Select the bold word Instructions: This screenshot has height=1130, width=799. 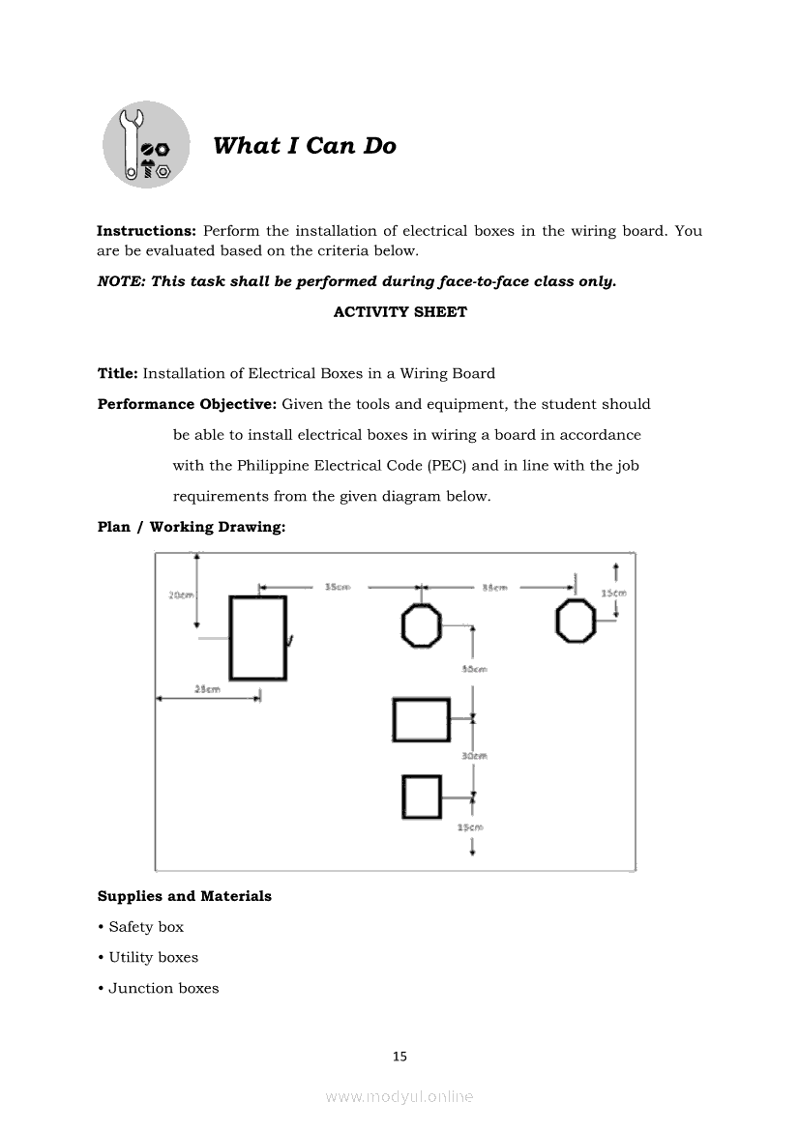146,231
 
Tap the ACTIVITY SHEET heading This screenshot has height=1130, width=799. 399,312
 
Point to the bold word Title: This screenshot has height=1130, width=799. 118,373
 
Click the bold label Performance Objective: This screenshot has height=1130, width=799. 187,404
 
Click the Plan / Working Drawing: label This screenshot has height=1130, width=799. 191,527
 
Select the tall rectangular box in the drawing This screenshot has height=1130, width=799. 257,638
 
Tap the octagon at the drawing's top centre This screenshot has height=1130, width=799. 421,625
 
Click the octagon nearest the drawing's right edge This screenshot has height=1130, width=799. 576,620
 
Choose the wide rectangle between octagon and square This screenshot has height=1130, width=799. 421,719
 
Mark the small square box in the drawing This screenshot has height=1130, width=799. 422,797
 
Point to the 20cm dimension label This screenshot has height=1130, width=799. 180,595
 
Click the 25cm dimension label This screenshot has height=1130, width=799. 207,689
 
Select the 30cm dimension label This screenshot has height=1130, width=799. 474,756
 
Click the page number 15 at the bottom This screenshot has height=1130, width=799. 399,1057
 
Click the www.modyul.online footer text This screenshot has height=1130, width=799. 399,1096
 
